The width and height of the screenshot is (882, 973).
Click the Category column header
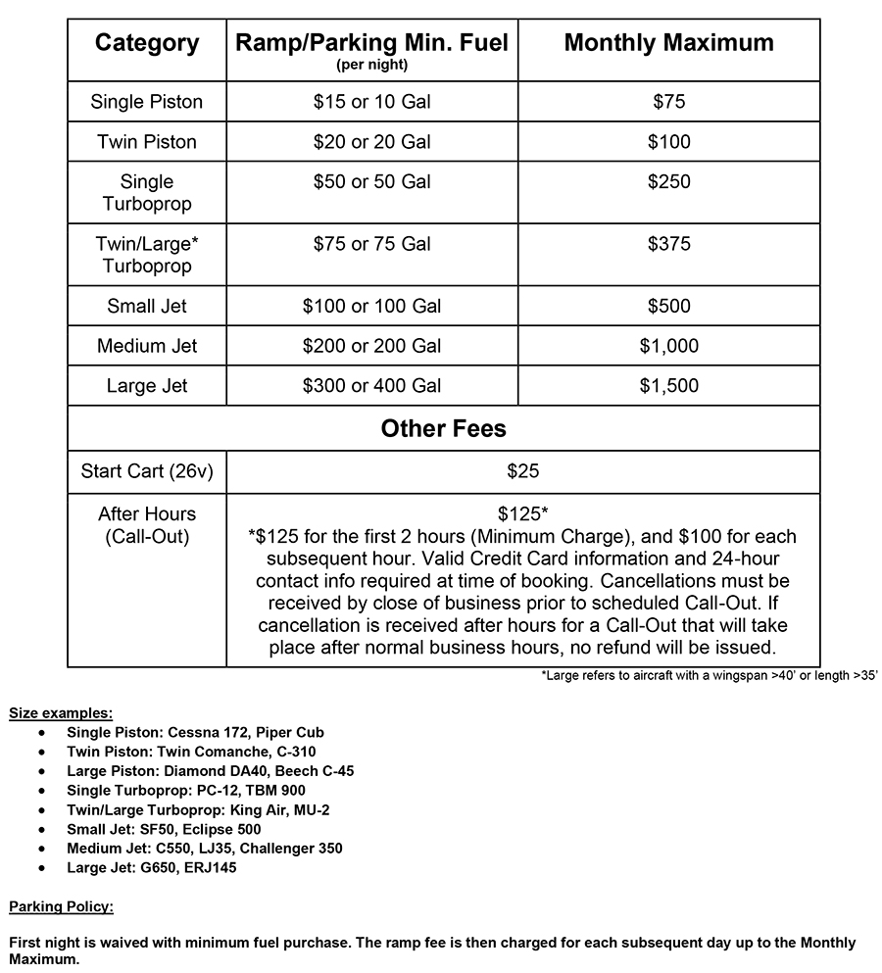[x=147, y=44]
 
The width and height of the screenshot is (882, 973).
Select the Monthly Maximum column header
[x=668, y=44]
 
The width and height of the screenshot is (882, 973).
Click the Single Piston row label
[x=147, y=102]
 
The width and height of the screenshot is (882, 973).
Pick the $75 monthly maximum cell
[x=668, y=102]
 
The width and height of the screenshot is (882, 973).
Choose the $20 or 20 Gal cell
[x=371, y=142]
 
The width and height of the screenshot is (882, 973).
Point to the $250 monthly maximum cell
[x=668, y=182]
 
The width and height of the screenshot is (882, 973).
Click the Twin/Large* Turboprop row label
[x=147, y=255]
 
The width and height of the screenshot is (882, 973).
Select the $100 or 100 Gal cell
[x=371, y=307]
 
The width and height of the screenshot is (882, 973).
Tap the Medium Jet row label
[x=147, y=347]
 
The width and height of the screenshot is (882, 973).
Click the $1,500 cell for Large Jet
[x=668, y=386]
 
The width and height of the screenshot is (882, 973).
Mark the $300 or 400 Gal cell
[x=371, y=386]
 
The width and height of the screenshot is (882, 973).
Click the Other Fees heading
[x=443, y=429]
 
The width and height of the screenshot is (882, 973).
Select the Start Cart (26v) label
[x=147, y=472]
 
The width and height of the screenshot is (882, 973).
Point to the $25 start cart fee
[x=522, y=472]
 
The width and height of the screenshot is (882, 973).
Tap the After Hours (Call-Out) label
[x=147, y=525]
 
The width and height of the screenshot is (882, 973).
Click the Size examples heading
[x=60, y=712]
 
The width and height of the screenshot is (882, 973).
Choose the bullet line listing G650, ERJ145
[x=151, y=867]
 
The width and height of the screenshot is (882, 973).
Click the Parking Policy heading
[x=61, y=906]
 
